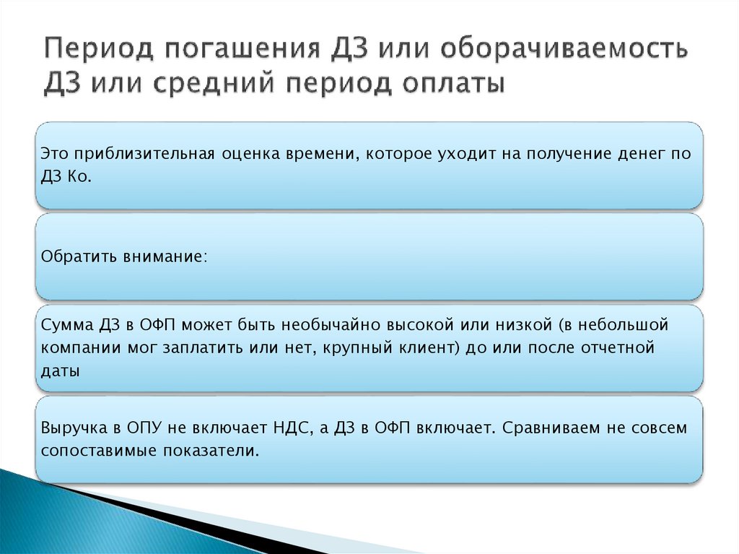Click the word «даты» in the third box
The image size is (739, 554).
click(60, 371)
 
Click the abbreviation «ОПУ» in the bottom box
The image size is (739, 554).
click(143, 428)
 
